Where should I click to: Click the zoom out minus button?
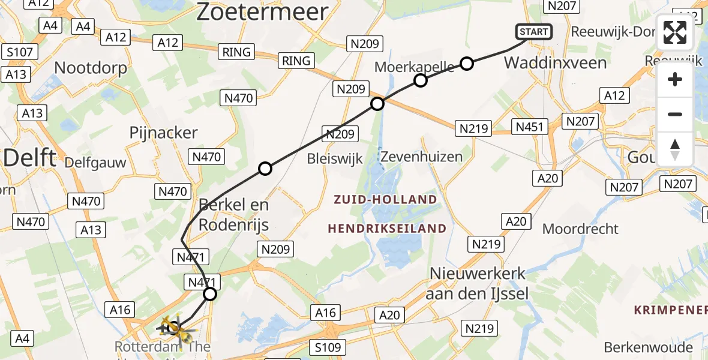(675, 114)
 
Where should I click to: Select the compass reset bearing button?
(675, 149)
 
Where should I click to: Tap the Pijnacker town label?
(164, 133)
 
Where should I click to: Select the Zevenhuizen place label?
(422, 157)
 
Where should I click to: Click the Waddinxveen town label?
(555, 62)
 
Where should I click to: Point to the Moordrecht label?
(580, 229)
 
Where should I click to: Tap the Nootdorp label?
(91, 68)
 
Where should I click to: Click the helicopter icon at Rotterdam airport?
(173, 328)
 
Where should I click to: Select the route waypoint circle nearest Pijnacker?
(265, 169)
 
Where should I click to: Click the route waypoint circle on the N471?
(210, 293)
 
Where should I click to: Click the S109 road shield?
(327, 347)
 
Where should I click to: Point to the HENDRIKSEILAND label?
(387, 229)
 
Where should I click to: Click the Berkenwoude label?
(649, 347)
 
